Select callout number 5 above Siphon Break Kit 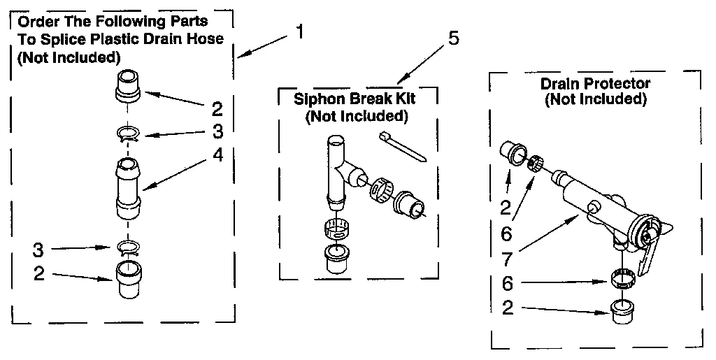453,38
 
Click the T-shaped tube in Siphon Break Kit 337,168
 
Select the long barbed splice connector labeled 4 128,185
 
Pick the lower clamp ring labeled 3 128,247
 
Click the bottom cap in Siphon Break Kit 337,260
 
